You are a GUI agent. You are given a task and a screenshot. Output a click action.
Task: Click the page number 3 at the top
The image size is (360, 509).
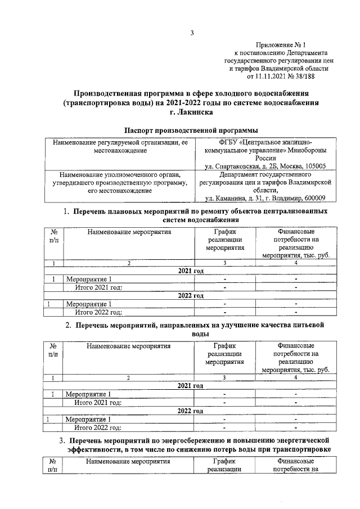coord(191,32)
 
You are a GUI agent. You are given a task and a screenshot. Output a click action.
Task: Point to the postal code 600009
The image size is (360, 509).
coord(317,198)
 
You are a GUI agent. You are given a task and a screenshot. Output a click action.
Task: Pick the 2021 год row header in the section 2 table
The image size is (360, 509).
coord(190,386)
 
